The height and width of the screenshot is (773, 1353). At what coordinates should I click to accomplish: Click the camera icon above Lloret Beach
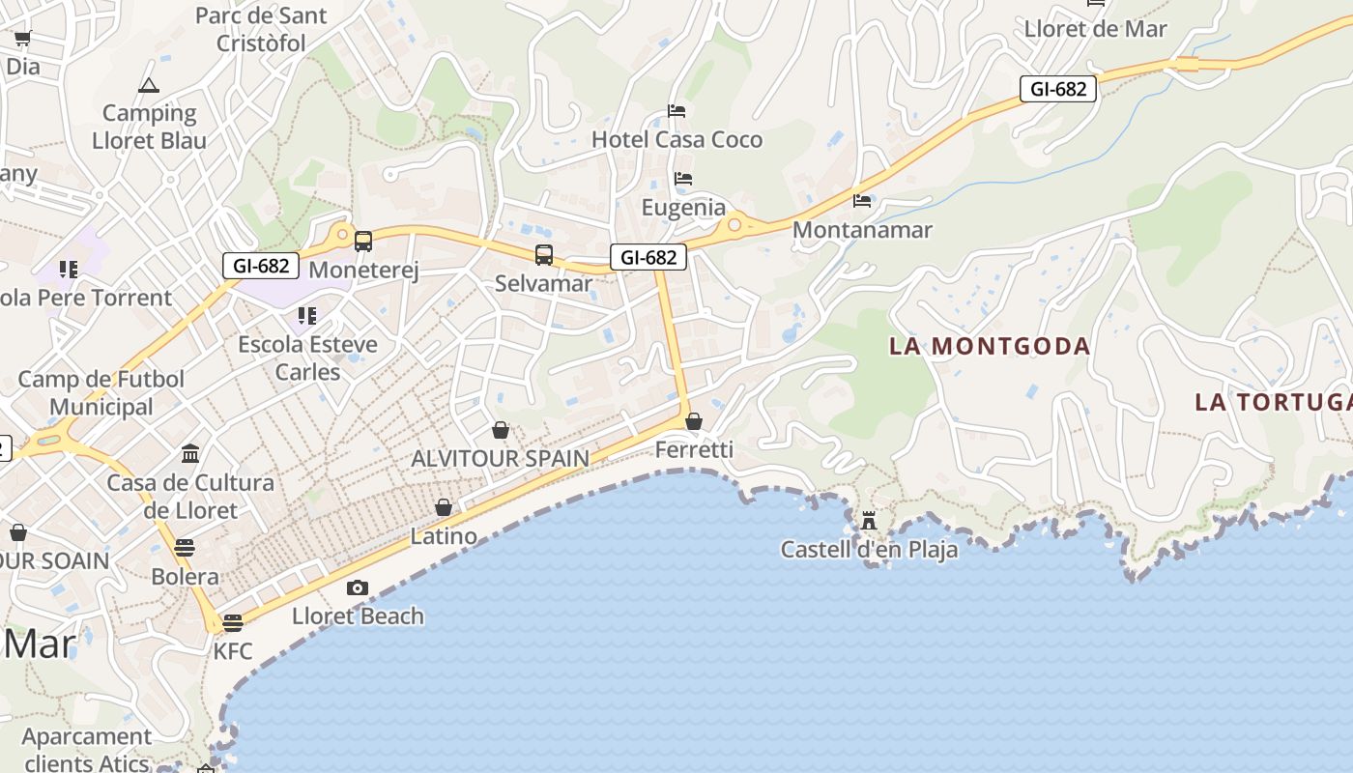(358, 587)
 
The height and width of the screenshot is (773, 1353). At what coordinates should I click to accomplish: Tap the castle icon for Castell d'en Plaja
(869, 521)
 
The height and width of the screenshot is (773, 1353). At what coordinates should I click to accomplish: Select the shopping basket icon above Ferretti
(693, 421)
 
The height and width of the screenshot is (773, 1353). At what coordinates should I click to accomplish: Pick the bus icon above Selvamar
(544, 255)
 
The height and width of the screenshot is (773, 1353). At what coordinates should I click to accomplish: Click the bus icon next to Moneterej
(363, 242)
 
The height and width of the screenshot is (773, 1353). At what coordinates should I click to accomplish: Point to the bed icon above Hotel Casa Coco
(676, 111)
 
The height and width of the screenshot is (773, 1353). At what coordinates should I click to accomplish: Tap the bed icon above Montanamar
(862, 201)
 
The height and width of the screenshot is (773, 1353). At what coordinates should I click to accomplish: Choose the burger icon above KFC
(233, 622)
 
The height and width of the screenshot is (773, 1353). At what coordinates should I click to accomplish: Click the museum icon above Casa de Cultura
(190, 453)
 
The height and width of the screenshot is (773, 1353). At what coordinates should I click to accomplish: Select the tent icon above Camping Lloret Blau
(148, 85)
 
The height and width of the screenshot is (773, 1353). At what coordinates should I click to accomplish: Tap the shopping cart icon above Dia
(22, 39)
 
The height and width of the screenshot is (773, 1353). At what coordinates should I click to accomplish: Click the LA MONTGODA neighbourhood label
(990, 346)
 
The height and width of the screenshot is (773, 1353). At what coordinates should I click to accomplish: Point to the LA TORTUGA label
(1273, 402)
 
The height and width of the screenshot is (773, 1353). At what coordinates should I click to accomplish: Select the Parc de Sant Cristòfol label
(261, 29)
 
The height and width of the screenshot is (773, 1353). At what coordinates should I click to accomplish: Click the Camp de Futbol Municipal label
(101, 393)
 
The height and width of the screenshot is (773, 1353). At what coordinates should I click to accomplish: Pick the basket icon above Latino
(444, 507)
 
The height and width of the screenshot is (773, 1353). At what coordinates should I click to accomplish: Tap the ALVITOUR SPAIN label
(500, 458)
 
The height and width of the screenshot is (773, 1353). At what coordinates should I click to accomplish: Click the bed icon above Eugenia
(683, 179)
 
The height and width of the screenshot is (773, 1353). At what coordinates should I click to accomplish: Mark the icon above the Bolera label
(185, 548)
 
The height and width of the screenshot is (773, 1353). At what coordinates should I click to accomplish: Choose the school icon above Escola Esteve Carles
(307, 315)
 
